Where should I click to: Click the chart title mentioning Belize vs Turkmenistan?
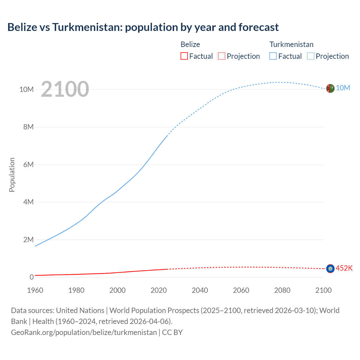143,27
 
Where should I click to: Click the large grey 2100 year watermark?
65,89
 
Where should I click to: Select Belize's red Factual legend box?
184,56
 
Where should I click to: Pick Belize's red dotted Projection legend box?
222,56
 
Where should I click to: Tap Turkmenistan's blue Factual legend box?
273,56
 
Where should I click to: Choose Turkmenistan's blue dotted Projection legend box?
310,56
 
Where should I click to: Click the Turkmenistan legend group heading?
291,44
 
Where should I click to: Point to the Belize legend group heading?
190,44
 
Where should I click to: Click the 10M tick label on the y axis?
26,89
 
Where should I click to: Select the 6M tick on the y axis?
28,165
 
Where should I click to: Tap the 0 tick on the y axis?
31,277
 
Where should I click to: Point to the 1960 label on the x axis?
35,290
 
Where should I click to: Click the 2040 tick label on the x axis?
200,290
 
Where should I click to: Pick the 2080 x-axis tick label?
282,290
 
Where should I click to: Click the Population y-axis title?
12,175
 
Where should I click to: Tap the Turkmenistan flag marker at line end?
330,88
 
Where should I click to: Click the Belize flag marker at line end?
330,269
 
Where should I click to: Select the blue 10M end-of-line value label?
343,88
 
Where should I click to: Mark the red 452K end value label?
344,268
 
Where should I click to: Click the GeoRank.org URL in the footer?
84,332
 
